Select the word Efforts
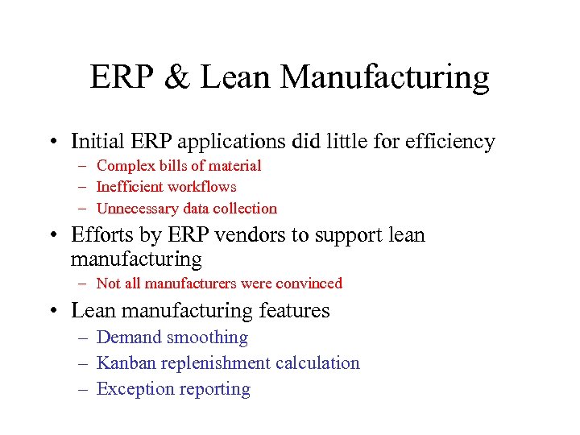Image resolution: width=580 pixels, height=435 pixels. coord(99,235)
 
